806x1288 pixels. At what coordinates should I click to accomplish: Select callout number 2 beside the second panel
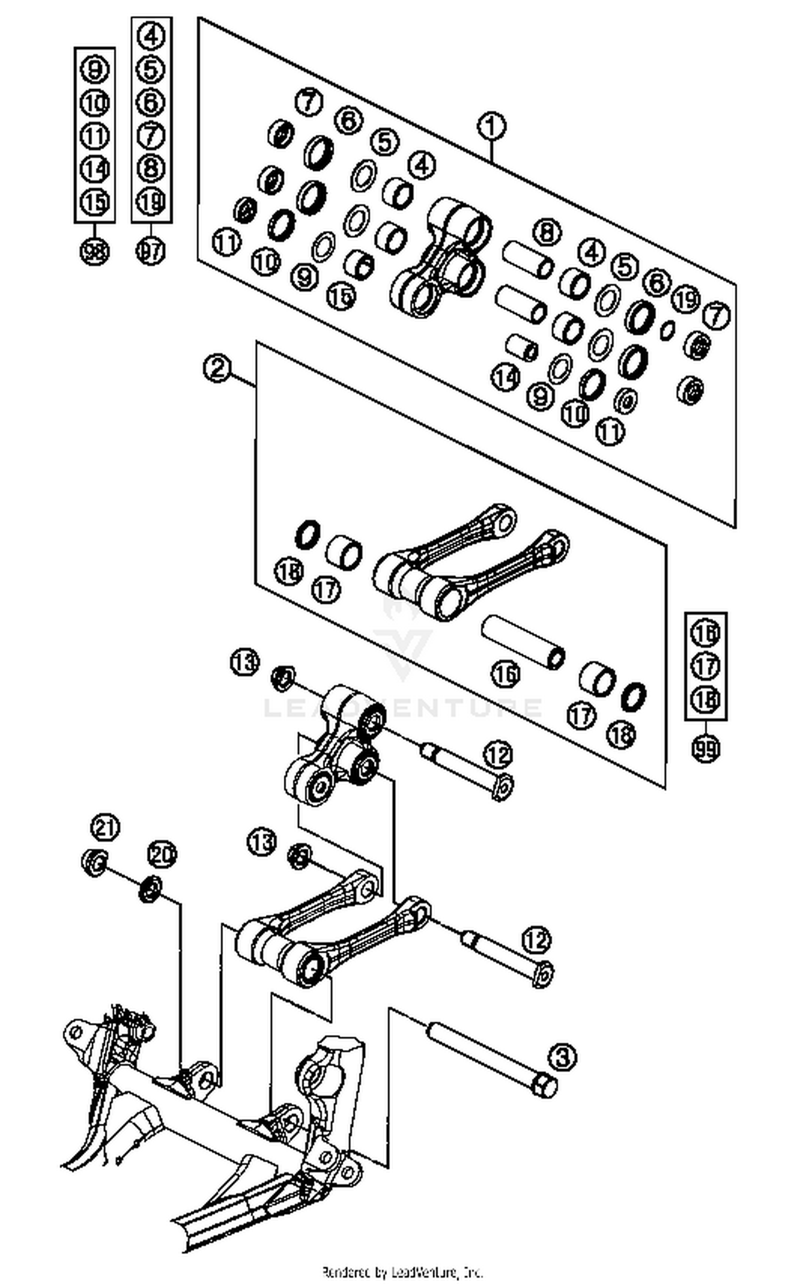pyautogui.click(x=217, y=368)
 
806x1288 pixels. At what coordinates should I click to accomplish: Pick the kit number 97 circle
pyautogui.click(x=151, y=251)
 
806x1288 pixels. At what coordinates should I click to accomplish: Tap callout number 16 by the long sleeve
pyautogui.click(x=506, y=674)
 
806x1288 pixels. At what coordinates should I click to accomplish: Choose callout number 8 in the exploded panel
pyautogui.click(x=546, y=233)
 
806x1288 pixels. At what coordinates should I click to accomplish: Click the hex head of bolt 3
pyautogui.click(x=544, y=1086)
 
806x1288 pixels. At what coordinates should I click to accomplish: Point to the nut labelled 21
pyautogui.click(x=95, y=863)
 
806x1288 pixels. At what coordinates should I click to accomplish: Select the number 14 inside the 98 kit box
pyautogui.click(x=95, y=169)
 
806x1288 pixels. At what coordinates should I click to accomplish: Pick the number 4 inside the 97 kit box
pyautogui.click(x=152, y=37)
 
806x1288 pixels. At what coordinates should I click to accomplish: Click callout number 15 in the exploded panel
pyautogui.click(x=341, y=295)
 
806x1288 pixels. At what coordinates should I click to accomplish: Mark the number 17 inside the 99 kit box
pyautogui.click(x=706, y=666)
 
